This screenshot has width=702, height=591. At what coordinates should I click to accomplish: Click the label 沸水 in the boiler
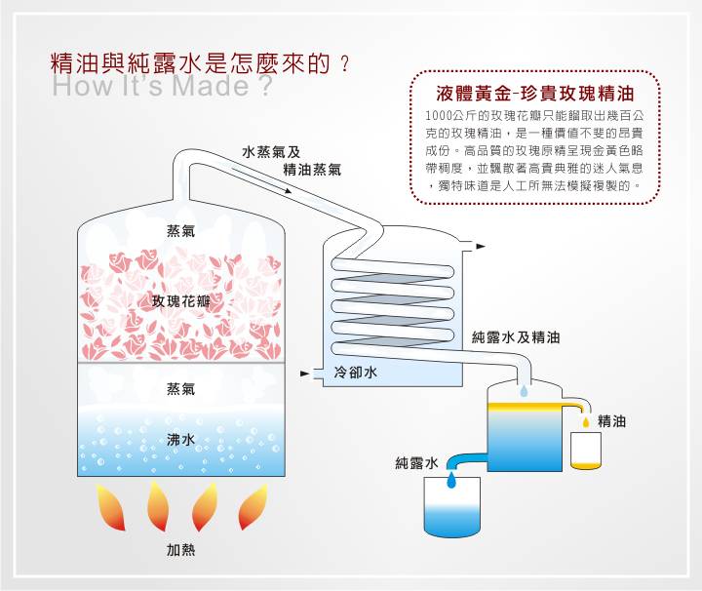[x=181, y=440]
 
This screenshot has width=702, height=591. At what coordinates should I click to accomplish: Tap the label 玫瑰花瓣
[x=181, y=301]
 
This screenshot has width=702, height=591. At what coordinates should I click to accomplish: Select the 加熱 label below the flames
[x=181, y=550]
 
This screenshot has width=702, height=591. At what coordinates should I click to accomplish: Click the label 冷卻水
[x=356, y=373]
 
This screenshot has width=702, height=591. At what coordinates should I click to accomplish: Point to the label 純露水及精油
[x=516, y=337]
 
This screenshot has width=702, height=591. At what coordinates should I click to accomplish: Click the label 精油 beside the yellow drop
[x=611, y=421]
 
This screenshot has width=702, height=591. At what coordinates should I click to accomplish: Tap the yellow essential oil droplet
[x=586, y=422]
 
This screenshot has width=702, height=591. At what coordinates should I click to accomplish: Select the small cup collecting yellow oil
[x=586, y=451]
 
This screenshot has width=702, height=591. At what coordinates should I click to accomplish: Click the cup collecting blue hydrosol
[x=452, y=507]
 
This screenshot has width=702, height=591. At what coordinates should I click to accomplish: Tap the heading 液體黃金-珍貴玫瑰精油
[x=535, y=94]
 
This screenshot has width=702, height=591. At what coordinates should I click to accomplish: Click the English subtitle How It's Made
[x=162, y=86]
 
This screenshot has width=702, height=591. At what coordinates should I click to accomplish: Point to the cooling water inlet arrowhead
[x=305, y=374]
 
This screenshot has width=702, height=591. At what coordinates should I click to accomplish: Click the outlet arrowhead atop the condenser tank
[x=481, y=246]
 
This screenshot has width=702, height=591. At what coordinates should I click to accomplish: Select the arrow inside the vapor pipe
[x=261, y=180]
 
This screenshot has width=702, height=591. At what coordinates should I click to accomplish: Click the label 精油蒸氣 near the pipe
[x=312, y=170]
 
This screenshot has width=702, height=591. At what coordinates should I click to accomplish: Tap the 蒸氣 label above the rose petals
[x=181, y=230]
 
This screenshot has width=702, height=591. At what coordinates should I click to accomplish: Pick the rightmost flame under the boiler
[x=253, y=507]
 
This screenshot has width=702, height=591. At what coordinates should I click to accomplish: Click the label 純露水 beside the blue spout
[x=417, y=463]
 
